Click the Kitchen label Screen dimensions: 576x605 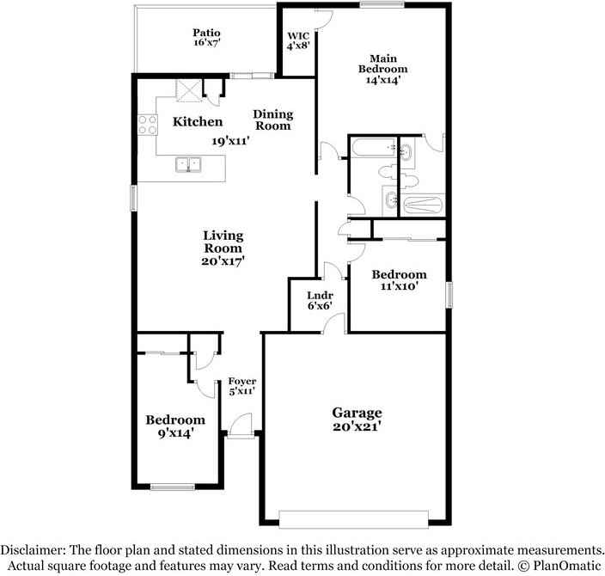198,122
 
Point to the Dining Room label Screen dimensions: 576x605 272,119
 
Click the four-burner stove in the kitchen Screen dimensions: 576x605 146,126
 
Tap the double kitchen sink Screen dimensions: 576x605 187,164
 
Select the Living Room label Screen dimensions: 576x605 223,248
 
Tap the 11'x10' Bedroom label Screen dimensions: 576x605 399,280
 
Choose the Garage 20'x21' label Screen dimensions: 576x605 357,419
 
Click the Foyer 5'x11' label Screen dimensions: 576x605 241,384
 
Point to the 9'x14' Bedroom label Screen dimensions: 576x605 174,426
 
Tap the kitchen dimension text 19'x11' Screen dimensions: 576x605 231,142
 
